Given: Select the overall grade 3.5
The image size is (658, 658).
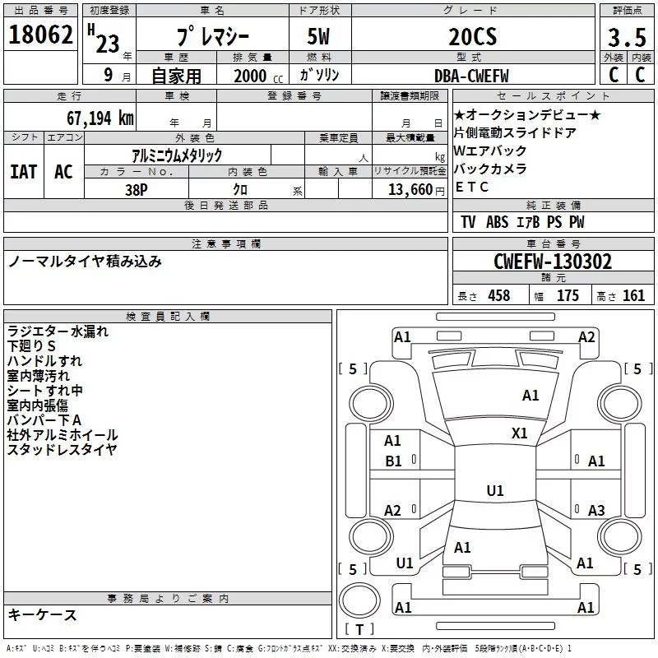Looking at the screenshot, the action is (625, 38).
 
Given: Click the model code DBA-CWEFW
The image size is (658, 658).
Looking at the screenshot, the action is (471, 75).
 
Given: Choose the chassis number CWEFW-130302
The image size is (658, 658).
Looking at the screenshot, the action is (553, 262).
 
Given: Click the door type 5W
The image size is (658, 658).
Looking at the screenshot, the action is (320, 38).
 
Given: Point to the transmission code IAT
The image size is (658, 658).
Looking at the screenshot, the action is (23, 171).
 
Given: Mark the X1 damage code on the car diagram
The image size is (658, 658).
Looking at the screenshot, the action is (520, 433).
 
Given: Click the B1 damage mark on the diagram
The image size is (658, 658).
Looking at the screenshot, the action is (393, 461).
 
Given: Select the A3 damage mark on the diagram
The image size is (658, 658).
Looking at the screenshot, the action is (596, 511).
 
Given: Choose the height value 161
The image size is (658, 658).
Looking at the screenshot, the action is (633, 296).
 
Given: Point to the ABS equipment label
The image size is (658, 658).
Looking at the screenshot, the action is (497, 222).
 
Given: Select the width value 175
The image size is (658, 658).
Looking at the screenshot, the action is (568, 296).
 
